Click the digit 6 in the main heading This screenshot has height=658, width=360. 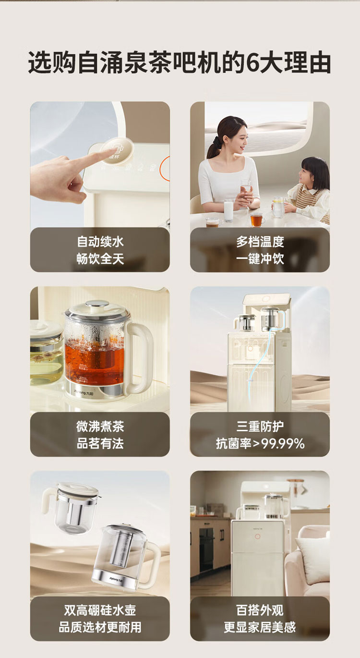click(x=253, y=62)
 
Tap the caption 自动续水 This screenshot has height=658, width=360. click(x=100, y=242)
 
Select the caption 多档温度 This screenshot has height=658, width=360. click(x=260, y=242)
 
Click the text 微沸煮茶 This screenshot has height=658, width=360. click(x=100, y=426)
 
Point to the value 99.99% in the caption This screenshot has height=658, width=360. click(x=283, y=444)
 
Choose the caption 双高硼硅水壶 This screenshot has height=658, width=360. click(x=100, y=610)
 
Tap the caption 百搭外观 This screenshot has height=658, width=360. click(x=260, y=610)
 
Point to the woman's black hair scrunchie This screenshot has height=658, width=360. click(x=215, y=142)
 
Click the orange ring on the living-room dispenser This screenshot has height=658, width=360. click(x=258, y=536)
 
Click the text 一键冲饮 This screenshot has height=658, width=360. click(x=260, y=259)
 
